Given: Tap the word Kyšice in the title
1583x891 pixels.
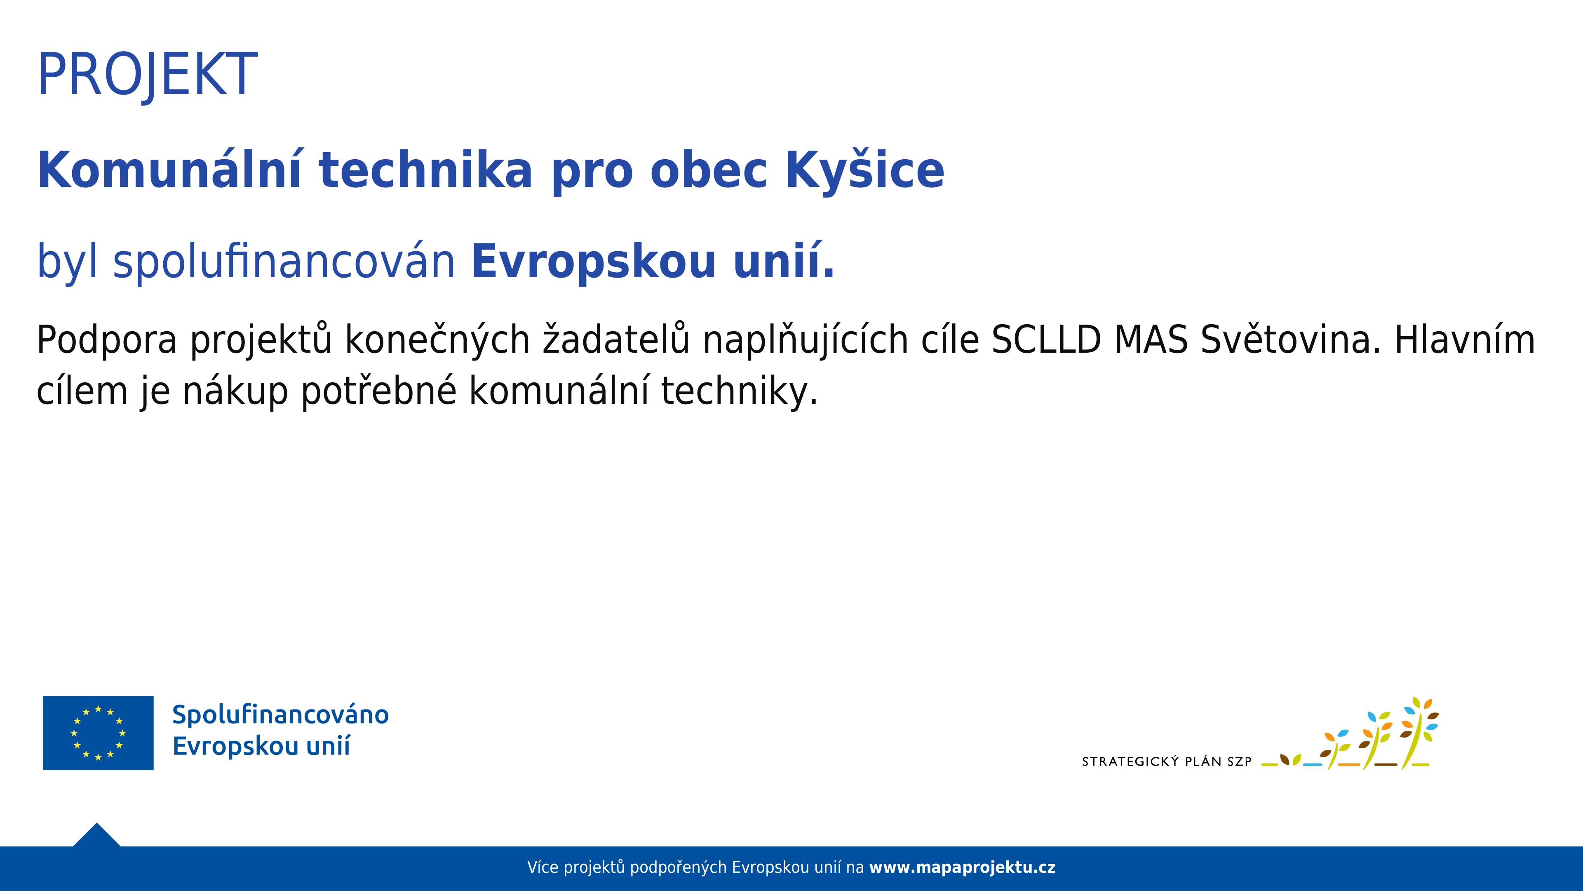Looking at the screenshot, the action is click(x=865, y=170).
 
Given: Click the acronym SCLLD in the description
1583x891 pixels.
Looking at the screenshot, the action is click(x=1046, y=340).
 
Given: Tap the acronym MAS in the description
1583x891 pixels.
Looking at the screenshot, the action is click(x=1151, y=340).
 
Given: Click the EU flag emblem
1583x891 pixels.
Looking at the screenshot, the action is click(x=99, y=733).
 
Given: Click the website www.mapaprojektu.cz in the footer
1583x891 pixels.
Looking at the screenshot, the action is click(x=962, y=867).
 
